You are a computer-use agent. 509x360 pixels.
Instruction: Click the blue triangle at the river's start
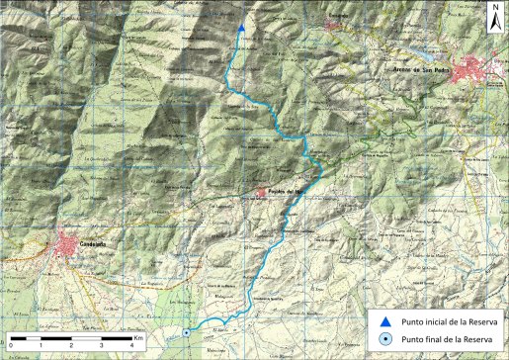(241, 29)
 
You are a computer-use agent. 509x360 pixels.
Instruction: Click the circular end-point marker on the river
(187, 332)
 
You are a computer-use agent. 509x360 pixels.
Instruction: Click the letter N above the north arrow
(494, 7)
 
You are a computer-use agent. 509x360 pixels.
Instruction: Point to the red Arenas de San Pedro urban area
(481, 69)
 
